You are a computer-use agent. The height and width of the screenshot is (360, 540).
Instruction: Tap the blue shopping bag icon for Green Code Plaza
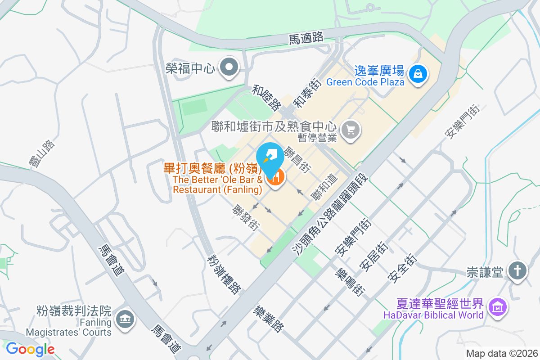pos(418,72)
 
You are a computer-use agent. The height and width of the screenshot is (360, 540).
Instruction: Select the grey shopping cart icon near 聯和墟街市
pos(351,130)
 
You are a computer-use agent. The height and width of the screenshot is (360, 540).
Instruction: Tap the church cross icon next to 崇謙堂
pos(517,271)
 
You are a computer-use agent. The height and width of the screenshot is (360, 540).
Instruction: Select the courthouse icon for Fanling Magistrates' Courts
pos(124,320)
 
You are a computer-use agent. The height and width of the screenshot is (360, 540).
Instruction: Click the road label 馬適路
pos(306,38)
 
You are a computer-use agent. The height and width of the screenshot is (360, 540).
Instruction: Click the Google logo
pos(30,349)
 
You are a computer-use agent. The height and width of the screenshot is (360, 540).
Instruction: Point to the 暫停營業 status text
pos(317,138)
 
